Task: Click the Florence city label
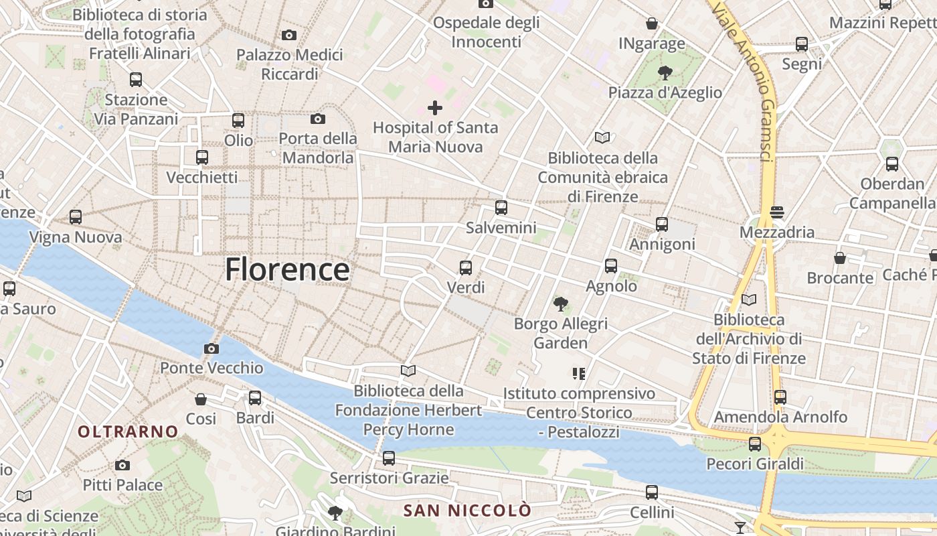[x=286, y=269]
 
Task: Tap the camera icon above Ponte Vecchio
[x=211, y=348]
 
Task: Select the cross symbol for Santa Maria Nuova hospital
[x=435, y=107]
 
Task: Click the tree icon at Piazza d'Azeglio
[x=665, y=72]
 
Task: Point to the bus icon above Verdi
[x=466, y=268]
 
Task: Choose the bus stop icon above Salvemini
[x=501, y=208]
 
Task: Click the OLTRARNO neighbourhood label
[x=129, y=431]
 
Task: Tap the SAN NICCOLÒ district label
[x=467, y=511]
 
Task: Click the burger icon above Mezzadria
[x=777, y=212]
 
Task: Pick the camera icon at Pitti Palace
[x=122, y=465]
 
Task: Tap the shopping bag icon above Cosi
[x=200, y=399]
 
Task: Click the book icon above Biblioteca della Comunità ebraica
[x=602, y=137]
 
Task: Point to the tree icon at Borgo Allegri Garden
[x=561, y=304]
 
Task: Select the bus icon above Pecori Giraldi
[x=755, y=444]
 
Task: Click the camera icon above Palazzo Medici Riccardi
[x=289, y=35]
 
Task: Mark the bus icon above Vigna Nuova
[x=76, y=217]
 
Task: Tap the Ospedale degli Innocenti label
[x=486, y=31]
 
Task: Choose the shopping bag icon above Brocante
[x=840, y=258]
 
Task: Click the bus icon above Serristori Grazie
[x=389, y=458]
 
